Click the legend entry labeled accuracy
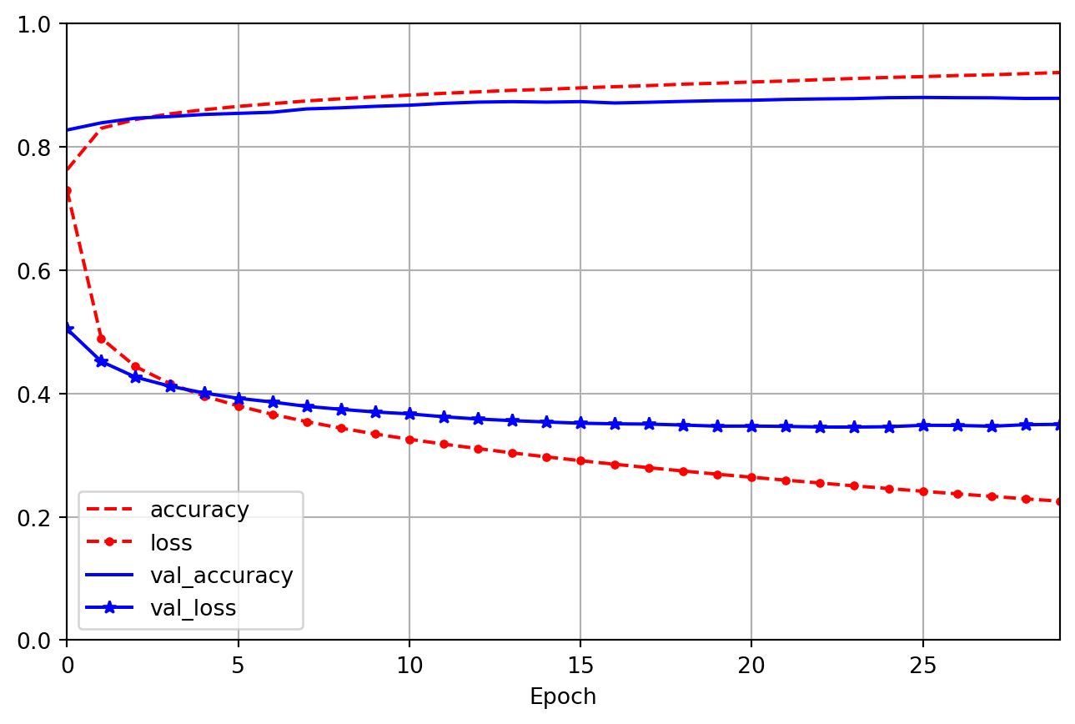click(199, 510)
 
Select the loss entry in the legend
click(171, 543)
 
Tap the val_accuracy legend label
click(221, 576)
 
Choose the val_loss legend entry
click(193, 608)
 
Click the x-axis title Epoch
click(563, 696)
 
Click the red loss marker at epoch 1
click(101, 339)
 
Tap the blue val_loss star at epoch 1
click(101, 361)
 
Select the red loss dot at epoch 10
click(409, 440)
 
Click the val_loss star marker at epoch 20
click(751, 426)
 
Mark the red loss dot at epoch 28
click(1025, 499)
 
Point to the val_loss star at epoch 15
click(580, 423)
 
